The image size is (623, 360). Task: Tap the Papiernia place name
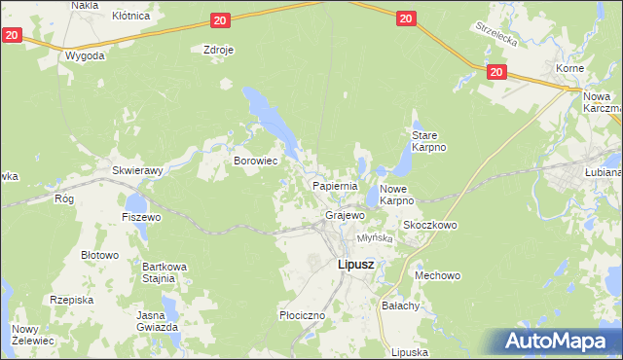coord(336,185)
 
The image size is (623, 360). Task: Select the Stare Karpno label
coord(428,141)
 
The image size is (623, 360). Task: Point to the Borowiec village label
coord(257,160)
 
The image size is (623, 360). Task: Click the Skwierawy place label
coord(137,169)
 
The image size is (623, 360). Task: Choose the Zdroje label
coord(219,50)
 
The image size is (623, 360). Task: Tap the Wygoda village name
coord(85,55)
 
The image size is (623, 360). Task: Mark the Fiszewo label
coord(141,217)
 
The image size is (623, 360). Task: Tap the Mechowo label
coord(437,275)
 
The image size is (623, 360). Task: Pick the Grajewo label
coord(345,214)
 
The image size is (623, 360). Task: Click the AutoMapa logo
coord(556,342)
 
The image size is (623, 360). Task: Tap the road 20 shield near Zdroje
coord(219,19)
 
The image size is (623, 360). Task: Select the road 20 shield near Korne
coord(496,72)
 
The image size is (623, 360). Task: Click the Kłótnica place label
coord(131,16)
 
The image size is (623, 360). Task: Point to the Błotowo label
coord(98,255)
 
